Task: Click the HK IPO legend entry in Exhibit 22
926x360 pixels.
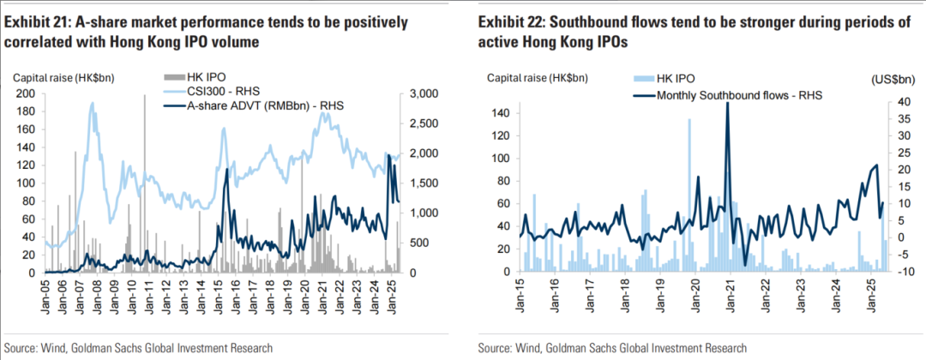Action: pos(674,79)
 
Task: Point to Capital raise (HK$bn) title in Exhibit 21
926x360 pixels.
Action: pos(63,78)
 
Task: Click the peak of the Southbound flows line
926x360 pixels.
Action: pos(727,103)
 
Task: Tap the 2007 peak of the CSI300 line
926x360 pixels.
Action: pos(91,104)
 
